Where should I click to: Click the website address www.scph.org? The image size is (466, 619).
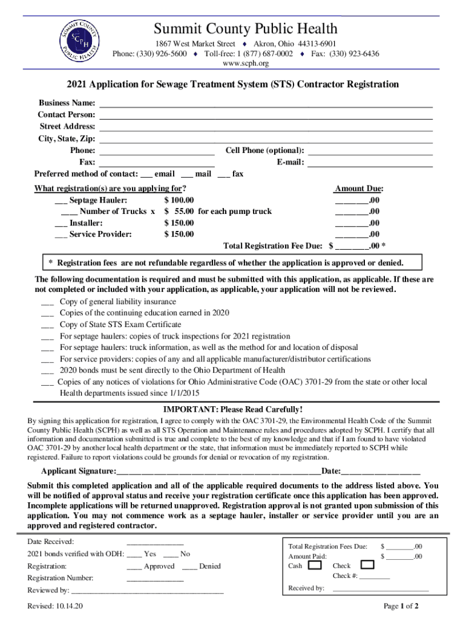point(246,63)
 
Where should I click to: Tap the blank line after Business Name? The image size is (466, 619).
point(266,103)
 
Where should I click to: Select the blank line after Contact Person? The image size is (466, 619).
point(266,115)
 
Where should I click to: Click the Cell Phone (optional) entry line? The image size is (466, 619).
point(370,151)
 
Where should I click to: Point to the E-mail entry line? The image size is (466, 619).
point(370,163)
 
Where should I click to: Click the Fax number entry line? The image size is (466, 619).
point(157,163)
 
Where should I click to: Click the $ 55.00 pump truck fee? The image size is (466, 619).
point(179,212)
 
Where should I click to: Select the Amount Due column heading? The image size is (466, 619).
point(359,189)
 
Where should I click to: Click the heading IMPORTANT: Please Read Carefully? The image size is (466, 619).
point(233,409)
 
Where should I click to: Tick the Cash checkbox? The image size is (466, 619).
point(315,566)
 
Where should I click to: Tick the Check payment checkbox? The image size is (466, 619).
point(367,566)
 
